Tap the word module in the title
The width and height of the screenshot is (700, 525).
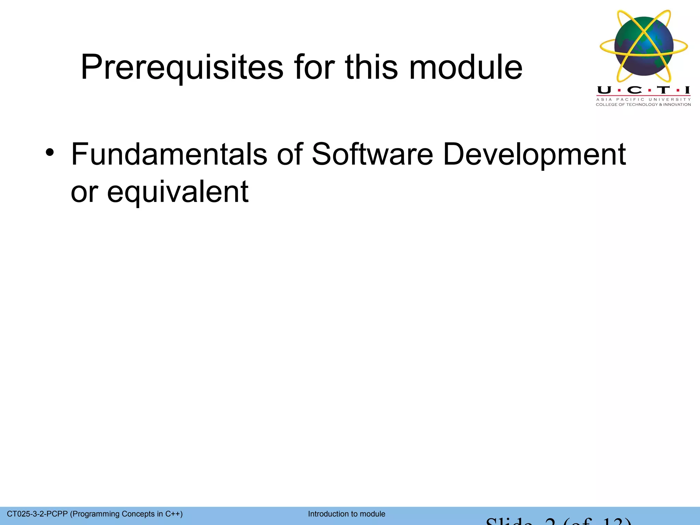tap(466, 67)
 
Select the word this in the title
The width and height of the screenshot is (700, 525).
tap(372, 67)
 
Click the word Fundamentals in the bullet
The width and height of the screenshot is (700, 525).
tap(169, 154)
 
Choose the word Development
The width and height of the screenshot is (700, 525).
tap(534, 154)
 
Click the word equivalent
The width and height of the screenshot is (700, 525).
tap(178, 192)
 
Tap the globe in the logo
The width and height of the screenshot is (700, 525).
tap(644, 46)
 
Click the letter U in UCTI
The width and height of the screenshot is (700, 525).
tap(604, 90)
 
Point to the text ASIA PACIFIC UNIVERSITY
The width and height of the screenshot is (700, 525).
tap(643, 99)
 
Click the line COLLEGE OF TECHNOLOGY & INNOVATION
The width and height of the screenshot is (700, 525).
tap(643, 105)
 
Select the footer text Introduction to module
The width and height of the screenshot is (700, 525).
tap(347, 514)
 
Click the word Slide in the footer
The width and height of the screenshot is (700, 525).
tap(509, 522)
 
